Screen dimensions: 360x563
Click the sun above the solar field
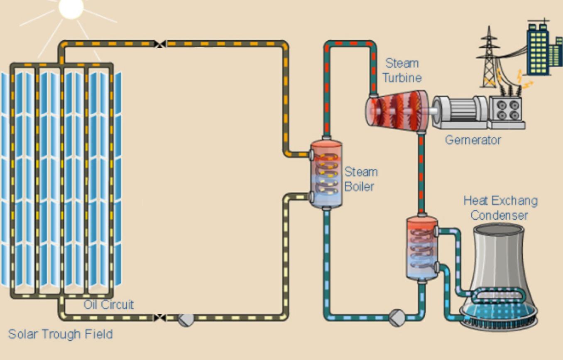pos(71,7)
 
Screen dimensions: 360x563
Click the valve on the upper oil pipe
pos(160,44)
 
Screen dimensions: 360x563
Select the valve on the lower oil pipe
pos(160,318)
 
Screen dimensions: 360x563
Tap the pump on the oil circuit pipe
pos(186,319)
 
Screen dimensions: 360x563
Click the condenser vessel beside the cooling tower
pos(422,247)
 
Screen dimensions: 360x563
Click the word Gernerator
pos(472,140)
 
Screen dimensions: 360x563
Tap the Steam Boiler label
pos(361,179)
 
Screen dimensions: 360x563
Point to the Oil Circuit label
pos(109,304)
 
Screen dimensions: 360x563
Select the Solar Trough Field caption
pos(61,334)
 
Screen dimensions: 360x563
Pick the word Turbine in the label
pos(402,78)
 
